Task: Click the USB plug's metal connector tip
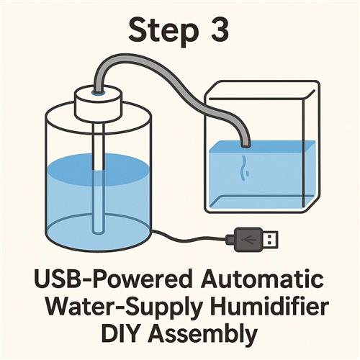(271, 239)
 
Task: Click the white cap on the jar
(99, 104)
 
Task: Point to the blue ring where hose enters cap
(99, 93)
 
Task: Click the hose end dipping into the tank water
(246, 145)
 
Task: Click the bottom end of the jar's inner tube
(98, 231)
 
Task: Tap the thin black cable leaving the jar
(189, 237)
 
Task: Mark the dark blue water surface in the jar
(99, 170)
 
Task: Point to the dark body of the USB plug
(248, 239)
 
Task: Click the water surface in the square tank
(262, 146)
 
